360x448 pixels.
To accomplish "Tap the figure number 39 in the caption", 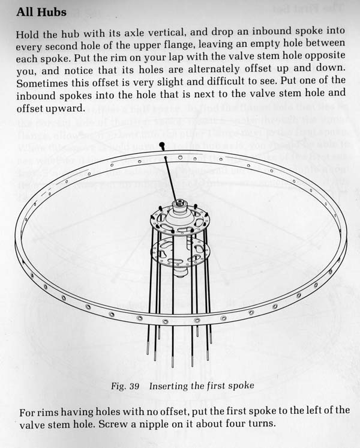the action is coord(134,386).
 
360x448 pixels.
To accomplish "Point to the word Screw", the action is coord(112,424).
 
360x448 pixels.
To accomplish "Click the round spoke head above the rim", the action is coord(162,145).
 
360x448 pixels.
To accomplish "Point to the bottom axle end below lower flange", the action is coord(179,274).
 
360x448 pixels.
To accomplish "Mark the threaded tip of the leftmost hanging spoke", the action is coord(148,349).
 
